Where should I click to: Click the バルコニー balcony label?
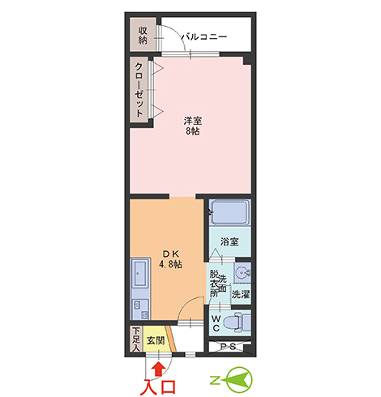(203, 36)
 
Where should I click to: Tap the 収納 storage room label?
(143, 36)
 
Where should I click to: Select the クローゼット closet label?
(139, 89)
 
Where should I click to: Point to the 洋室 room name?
(193, 121)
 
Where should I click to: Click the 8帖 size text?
(193, 131)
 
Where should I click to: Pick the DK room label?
(170, 254)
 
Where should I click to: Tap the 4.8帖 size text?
(170, 264)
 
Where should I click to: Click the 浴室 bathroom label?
(229, 241)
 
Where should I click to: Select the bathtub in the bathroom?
(229, 212)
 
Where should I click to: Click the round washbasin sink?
(242, 273)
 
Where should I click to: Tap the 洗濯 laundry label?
(240, 294)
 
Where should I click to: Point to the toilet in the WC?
(237, 322)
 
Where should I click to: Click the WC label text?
(216, 323)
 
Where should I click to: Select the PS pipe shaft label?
(229, 346)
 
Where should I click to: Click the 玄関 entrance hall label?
(156, 340)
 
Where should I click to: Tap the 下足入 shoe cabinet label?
(136, 339)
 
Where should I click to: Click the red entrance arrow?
(159, 369)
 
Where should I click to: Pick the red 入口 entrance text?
(158, 387)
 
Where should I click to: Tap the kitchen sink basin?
(140, 273)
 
